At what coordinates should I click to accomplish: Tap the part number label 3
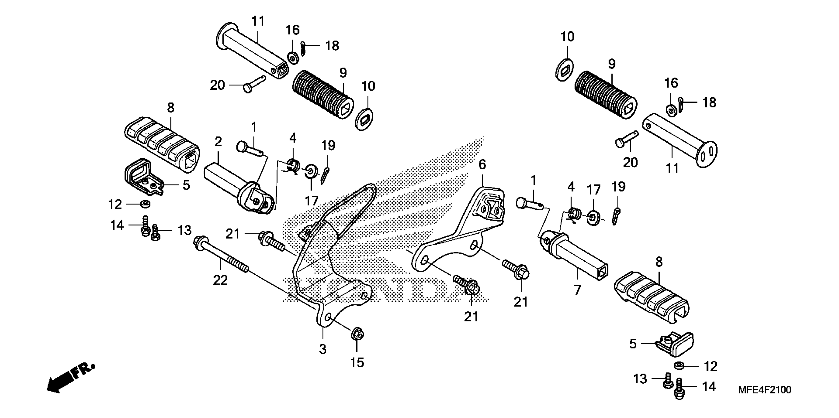(322, 349)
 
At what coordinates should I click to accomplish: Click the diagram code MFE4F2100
(764, 390)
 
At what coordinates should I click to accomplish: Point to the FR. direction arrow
(70, 377)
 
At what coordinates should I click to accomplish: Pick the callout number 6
(482, 164)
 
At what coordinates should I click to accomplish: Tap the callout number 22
(220, 280)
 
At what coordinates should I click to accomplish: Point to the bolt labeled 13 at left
(155, 233)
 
